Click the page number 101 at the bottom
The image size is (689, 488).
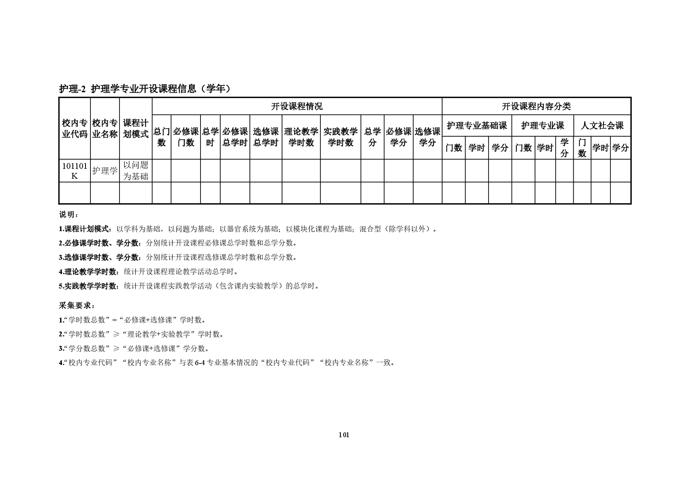pos(344,435)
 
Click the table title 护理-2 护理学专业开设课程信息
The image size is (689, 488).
pos(145,89)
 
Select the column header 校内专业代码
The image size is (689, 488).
pos(74,129)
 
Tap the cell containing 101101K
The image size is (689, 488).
pos(74,171)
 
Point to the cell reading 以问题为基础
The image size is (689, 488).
pos(136,171)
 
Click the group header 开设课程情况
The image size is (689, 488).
pos(297,107)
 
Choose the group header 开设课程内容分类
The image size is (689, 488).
pos(536,107)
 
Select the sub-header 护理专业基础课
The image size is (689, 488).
pos(477,126)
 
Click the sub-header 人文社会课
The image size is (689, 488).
pos(602,126)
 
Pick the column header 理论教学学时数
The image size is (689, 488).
pos(301,137)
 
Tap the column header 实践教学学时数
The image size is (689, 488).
pos(340,137)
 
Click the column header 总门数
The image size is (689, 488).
pos(162,137)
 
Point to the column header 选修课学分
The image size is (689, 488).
pos(428,137)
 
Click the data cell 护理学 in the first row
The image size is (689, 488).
pos(105,171)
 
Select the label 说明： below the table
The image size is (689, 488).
pos(68,215)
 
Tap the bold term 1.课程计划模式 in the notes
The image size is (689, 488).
pos(84,229)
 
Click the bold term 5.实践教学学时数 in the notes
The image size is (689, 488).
pos(90,286)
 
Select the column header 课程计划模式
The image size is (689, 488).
pos(136,129)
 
